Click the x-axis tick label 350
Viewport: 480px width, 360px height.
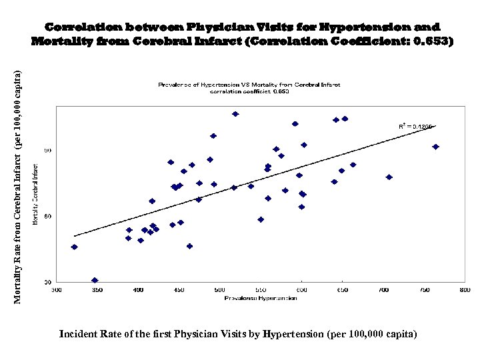click(x=97, y=290)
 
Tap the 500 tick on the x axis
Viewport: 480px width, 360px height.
click(x=220, y=290)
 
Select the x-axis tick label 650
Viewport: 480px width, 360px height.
click(x=342, y=290)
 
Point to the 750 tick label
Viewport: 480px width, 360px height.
click(x=424, y=290)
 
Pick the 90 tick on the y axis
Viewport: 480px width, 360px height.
click(x=47, y=151)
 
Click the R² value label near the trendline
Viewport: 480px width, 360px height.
click(x=415, y=126)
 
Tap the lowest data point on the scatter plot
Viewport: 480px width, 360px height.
click(x=95, y=281)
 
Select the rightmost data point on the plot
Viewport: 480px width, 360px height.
click(x=435, y=147)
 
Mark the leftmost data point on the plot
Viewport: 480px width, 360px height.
click(x=75, y=247)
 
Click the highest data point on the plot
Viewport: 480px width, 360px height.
click(x=235, y=114)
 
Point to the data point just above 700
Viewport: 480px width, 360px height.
click(x=389, y=177)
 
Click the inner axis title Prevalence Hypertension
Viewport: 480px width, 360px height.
click(x=251, y=297)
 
